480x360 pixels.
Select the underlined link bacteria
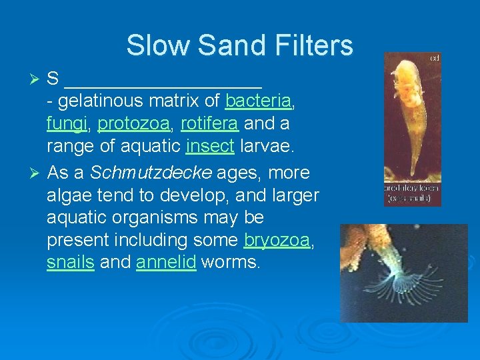(258, 101)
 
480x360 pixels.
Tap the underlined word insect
(210, 146)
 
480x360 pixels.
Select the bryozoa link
(277, 240)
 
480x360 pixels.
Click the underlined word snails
(70, 262)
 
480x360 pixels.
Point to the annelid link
(166, 262)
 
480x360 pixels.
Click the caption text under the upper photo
(412, 193)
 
